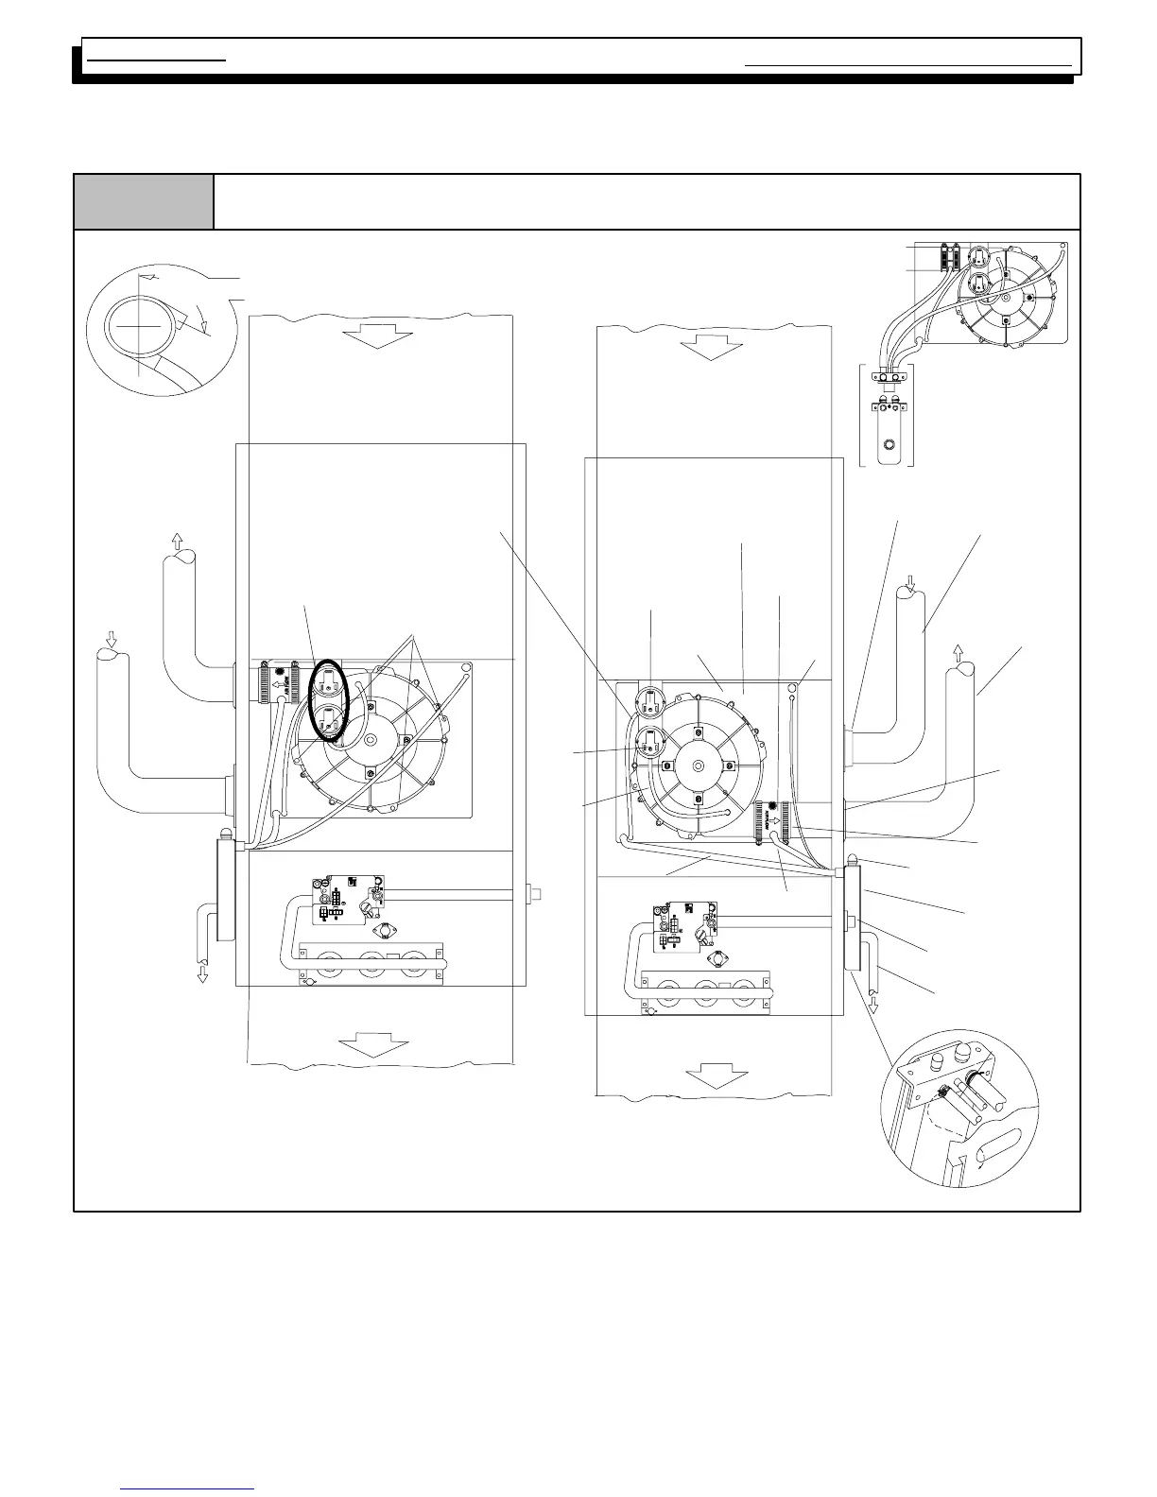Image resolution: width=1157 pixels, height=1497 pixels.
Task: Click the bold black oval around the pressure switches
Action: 330,698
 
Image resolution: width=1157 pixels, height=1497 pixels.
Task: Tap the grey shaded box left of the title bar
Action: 144,201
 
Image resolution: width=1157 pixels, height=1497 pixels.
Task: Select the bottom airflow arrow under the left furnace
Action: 374,1045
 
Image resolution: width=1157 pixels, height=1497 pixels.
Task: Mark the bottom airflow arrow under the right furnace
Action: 717,1076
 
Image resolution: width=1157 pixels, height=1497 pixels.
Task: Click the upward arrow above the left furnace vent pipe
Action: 177,542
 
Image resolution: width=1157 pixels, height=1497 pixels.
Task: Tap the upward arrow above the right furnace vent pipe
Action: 958,652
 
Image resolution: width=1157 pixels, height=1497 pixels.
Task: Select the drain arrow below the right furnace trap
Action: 872,1004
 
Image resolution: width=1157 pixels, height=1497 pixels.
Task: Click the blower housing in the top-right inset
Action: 1007,297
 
